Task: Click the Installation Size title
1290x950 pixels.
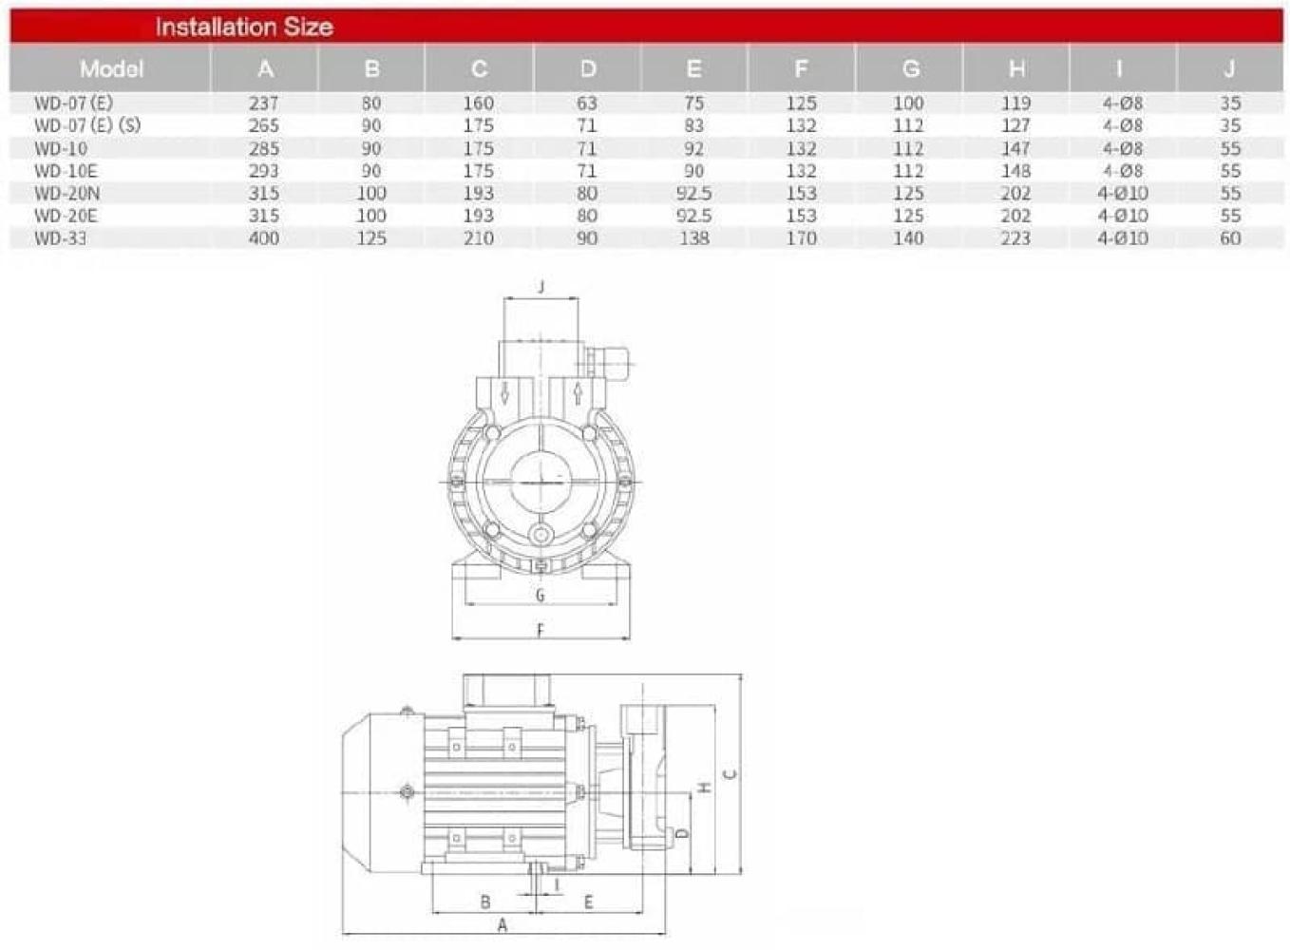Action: (244, 28)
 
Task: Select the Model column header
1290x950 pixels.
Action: (111, 69)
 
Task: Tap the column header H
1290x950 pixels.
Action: (1016, 69)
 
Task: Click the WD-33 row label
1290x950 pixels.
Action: (60, 237)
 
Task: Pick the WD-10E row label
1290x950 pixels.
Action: (66, 171)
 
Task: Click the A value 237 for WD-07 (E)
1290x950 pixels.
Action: (264, 104)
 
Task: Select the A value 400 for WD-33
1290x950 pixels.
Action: (264, 237)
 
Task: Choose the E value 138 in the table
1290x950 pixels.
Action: (694, 237)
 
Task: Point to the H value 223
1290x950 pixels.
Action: (1015, 237)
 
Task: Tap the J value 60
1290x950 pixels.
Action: (1230, 237)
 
